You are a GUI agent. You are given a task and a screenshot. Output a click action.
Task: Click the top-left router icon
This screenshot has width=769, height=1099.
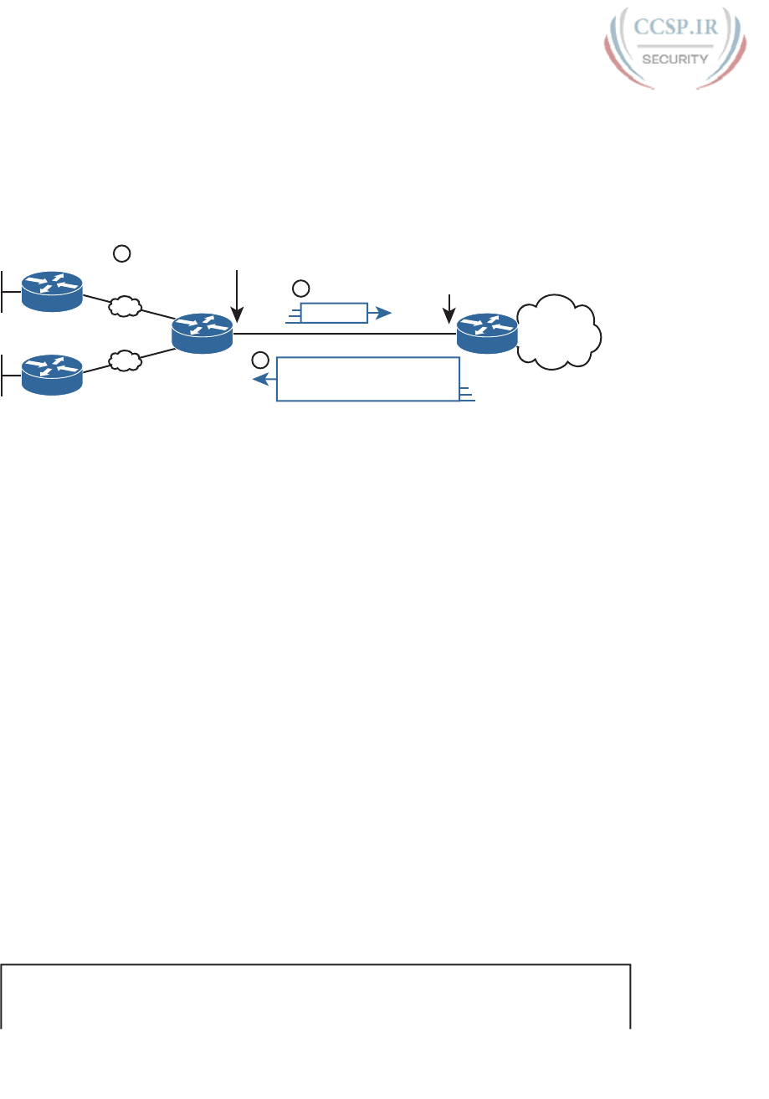53,290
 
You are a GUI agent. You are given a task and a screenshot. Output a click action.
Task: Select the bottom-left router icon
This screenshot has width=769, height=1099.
53,374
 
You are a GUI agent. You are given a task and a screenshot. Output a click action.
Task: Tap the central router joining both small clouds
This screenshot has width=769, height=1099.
202,333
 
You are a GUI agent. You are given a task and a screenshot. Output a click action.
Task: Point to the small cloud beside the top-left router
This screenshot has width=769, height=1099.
125,307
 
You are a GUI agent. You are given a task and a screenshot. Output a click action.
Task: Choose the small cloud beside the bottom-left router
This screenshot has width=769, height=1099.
125,361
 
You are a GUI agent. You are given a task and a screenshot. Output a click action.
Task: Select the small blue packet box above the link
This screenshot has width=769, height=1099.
334,313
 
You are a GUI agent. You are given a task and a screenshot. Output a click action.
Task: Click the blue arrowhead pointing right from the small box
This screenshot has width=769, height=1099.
382,313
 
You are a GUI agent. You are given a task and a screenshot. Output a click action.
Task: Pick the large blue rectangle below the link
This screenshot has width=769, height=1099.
368,379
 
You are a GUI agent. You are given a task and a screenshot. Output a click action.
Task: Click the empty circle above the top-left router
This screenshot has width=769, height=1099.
122,251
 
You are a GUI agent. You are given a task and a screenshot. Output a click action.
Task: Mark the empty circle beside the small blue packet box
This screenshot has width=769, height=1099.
300,289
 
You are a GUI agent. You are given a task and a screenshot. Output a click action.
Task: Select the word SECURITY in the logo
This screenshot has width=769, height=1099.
675,59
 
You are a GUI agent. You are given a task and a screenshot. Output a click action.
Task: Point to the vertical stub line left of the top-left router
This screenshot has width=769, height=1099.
3,290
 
